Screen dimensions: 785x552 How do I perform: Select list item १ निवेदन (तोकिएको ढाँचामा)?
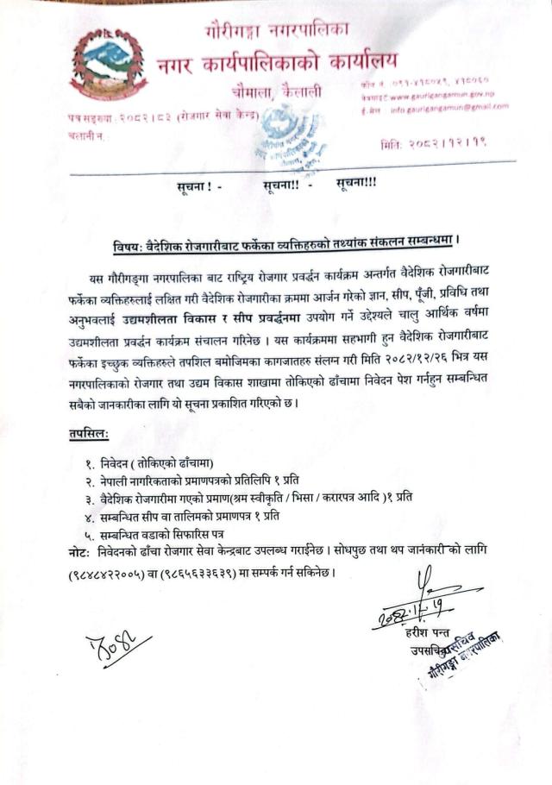tap(154, 462)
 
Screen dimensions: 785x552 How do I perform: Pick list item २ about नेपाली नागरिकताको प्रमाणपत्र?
tap(198, 480)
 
